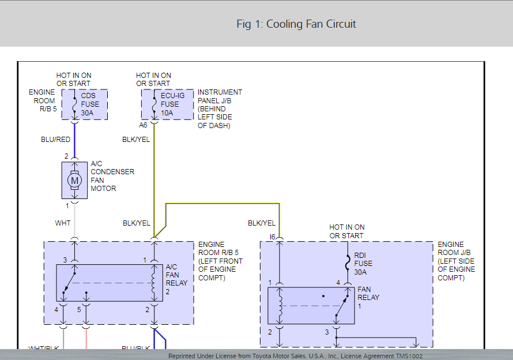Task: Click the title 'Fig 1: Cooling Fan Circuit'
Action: [x=296, y=24]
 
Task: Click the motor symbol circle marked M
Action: [x=74, y=181]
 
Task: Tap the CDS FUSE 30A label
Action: [x=89, y=104]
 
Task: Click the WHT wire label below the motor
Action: [x=63, y=223]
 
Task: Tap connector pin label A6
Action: [x=144, y=125]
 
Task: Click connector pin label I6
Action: [x=273, y=237]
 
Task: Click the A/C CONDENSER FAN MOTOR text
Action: [x=112, y=176]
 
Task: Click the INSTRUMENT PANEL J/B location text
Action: [x=220, y=108]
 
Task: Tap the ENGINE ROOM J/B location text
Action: [x=457, y=261]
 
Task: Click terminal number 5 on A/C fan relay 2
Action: [x=79, y=310]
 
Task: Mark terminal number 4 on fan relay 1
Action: [x=338, y=282]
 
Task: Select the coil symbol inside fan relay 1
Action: [x=279, y=306]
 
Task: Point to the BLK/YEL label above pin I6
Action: [x=262, y=223]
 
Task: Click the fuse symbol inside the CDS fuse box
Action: [x=74, y=104]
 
